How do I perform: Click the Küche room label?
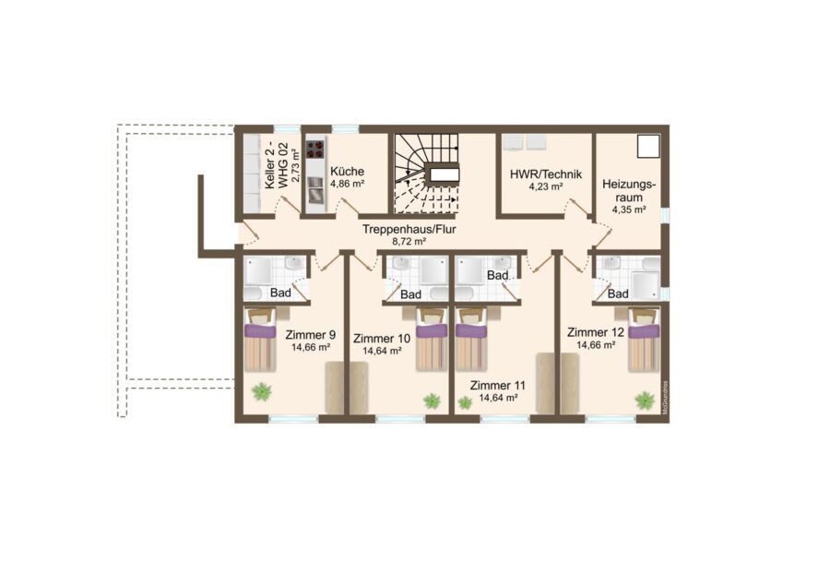[x=348, y=172]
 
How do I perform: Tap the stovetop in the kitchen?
[x=315, y=149]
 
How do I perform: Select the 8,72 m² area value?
[x=409, y=242]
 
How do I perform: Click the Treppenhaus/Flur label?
[x=409, y=230]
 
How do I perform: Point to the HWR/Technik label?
[x=546, y=174]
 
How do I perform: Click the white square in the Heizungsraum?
[x=648, y=146]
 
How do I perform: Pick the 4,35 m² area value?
[x=629, y=210]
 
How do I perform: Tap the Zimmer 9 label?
[x=310, y=335]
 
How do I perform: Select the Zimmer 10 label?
[x=382, y=339]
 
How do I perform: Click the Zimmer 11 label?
[x=498, y=386]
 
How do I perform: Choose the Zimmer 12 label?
[x=596, y=332]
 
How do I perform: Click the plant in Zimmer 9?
[x=262, y=392]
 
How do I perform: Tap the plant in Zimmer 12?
[x=645, y=400]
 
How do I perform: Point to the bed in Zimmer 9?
[x=260, y=340]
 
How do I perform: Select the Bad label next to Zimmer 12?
[x=618, y=294]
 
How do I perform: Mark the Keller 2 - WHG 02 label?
[x=278, y=165]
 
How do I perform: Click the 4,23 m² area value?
[x=546, y=186]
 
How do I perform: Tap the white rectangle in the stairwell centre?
[x=445, y=174]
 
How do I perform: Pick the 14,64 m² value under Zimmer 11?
[x=498, y=398]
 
